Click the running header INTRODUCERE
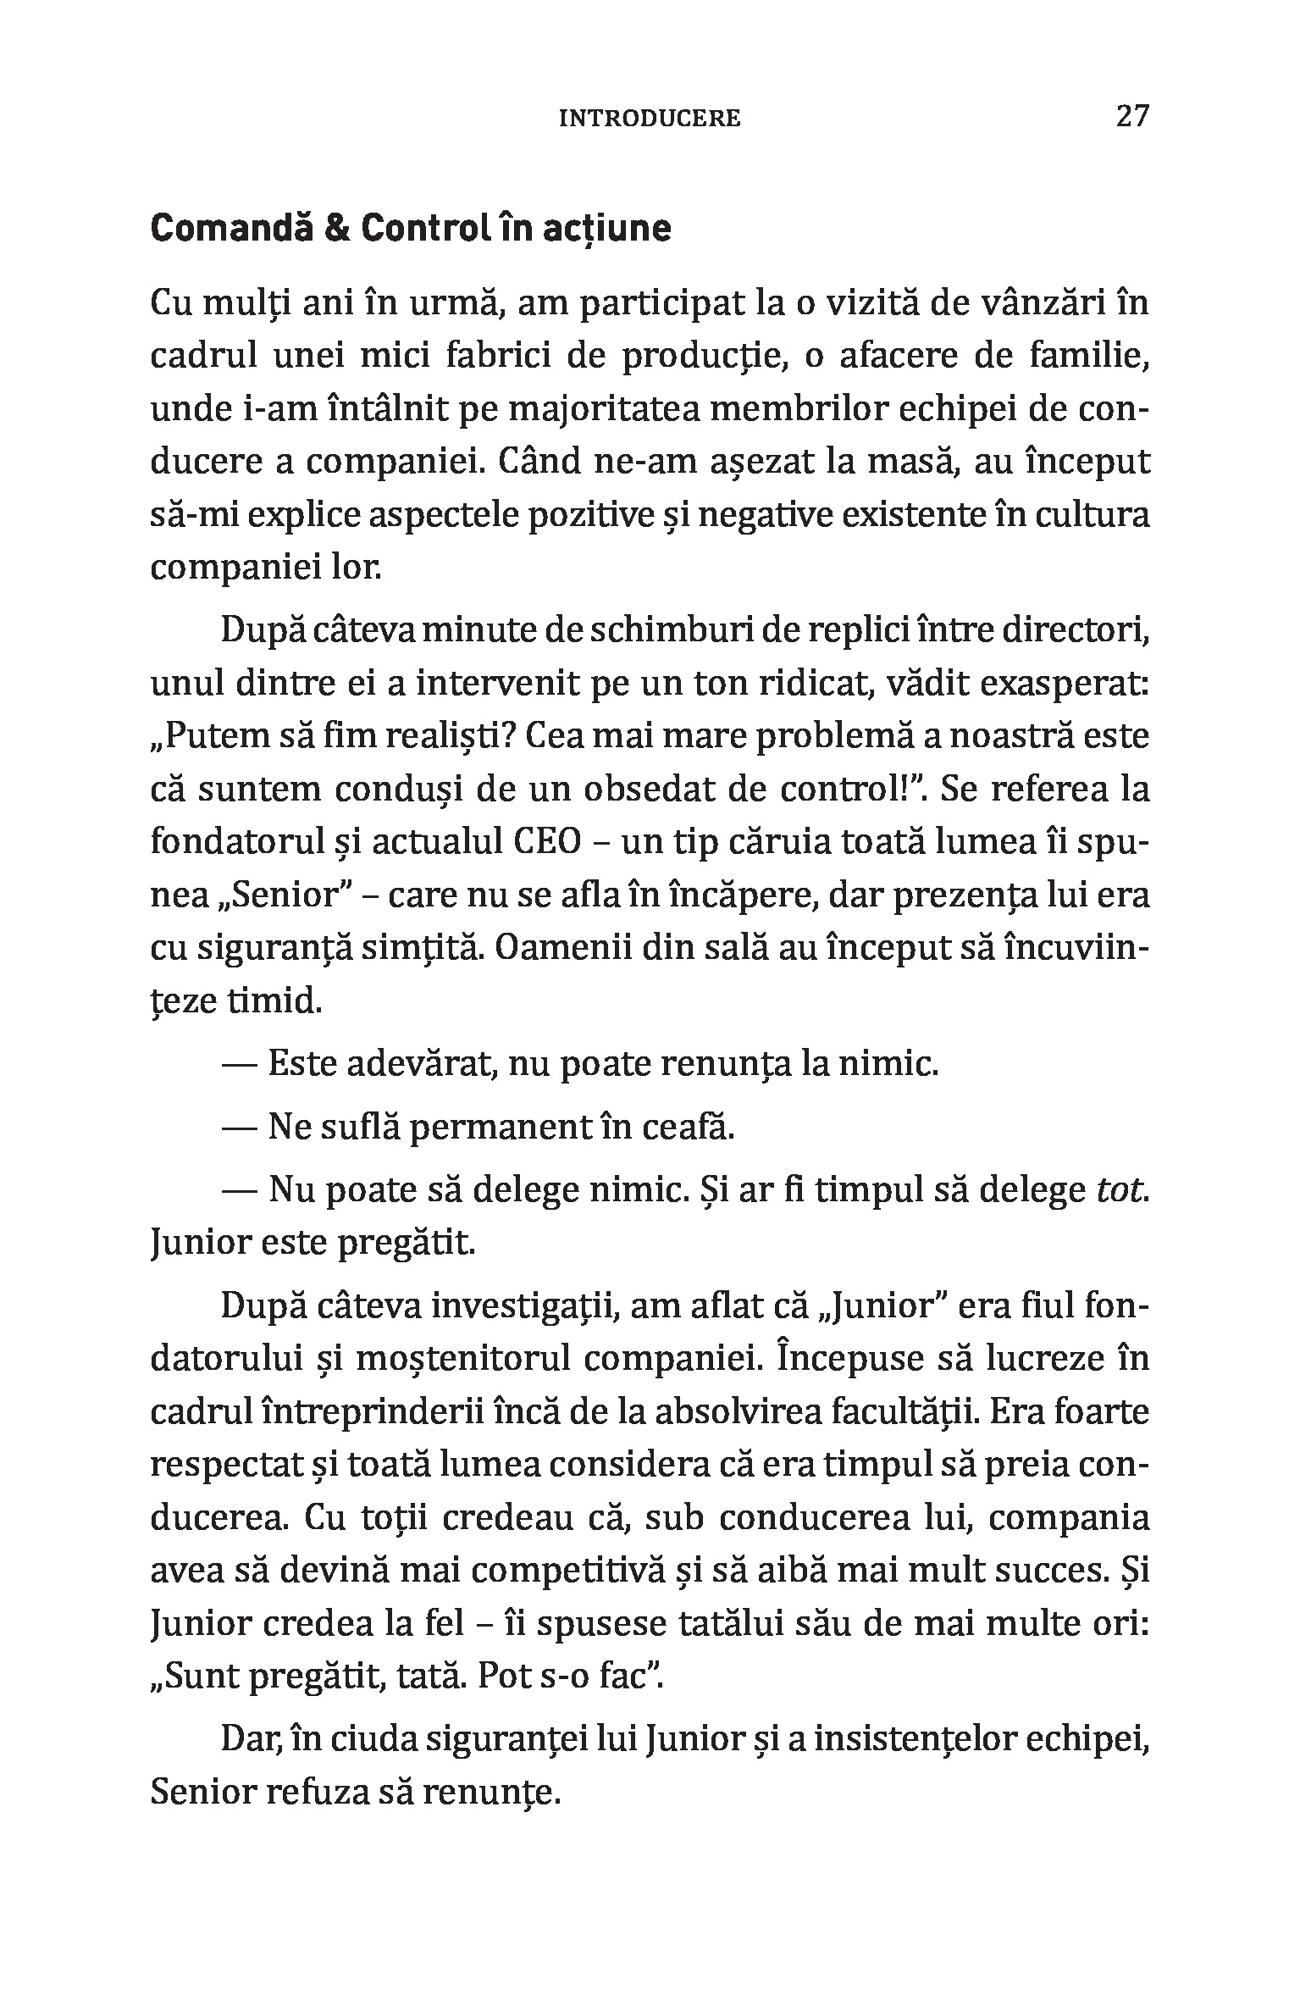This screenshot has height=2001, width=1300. point(650,119)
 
